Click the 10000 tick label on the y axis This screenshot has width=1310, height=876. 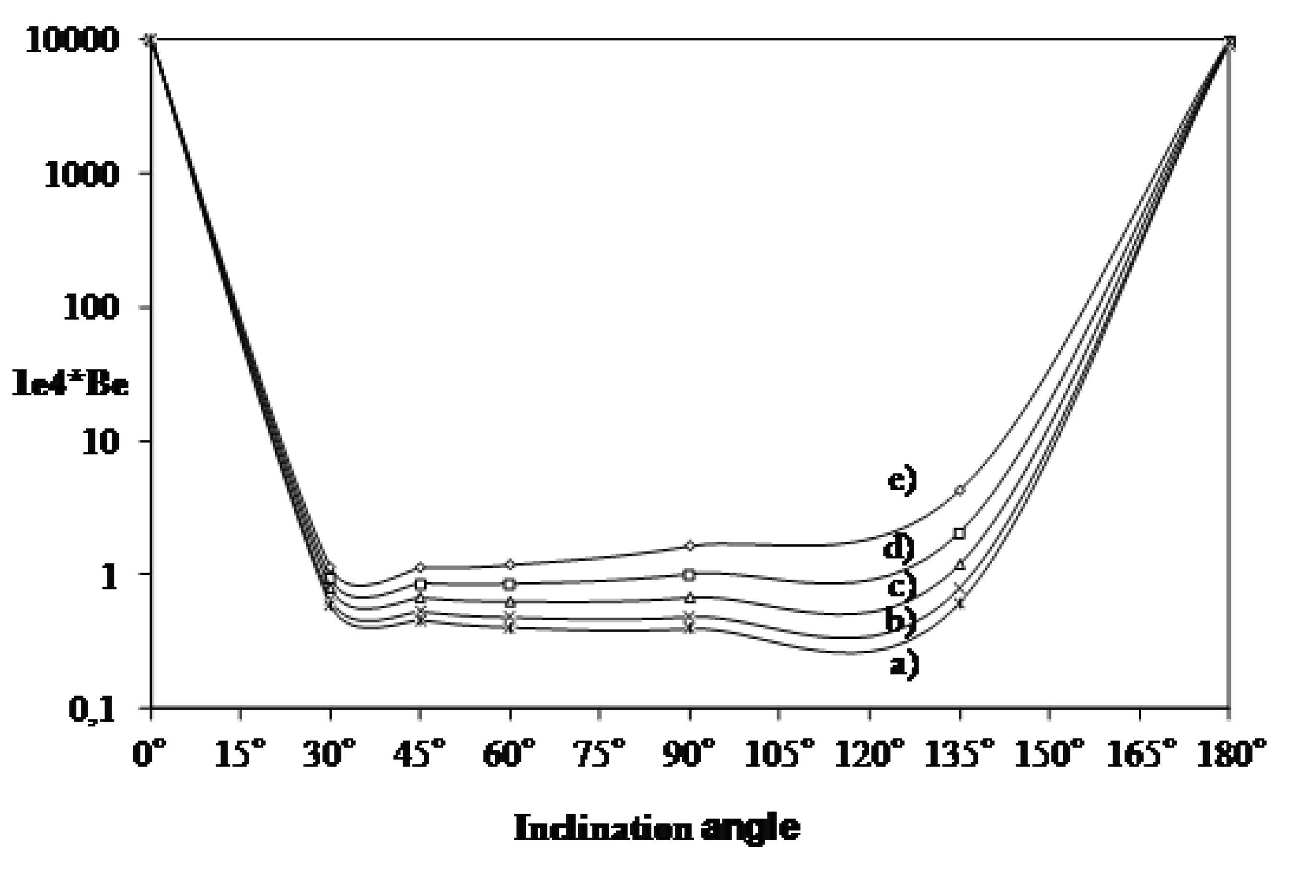(73, 42)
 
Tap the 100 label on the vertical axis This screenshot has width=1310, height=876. (92, 309)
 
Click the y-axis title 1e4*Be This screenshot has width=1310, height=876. (70, 385)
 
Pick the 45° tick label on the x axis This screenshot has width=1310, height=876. (419, 754)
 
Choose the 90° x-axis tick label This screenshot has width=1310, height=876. (689, 754)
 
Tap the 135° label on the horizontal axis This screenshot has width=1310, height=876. (960, 754)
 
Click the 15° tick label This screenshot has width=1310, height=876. (240, 754)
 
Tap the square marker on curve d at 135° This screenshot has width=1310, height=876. (960, 533)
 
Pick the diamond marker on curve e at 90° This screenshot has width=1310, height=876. (690, 545)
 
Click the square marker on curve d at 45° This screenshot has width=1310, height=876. (421, 584)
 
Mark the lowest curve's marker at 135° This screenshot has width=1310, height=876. (960, 603)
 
